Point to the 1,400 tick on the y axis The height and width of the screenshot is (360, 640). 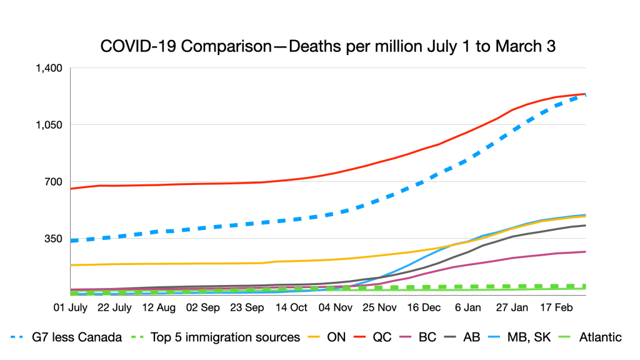[52, 68]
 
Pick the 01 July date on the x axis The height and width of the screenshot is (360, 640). [71, 307]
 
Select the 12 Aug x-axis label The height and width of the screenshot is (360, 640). [159, 307]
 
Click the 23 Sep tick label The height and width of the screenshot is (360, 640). [247, 307]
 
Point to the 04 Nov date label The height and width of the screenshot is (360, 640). [335, 307]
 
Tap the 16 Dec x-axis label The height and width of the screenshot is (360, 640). [423, 307]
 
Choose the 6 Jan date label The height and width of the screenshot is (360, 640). [467, 307]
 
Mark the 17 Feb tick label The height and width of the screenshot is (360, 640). [556, 307]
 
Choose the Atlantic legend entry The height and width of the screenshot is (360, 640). [600, 337]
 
